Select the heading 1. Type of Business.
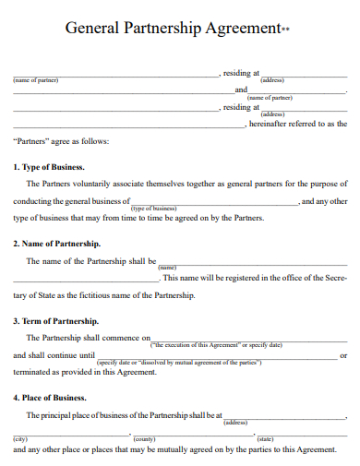click(x=49, y=167)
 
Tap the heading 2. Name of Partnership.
click(x=57, y=244)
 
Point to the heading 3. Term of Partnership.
click(x=56, y=321)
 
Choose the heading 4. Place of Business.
click(x=51, y=398)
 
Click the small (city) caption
click(x=21, y=438)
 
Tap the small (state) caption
click(x=266, y=438)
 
